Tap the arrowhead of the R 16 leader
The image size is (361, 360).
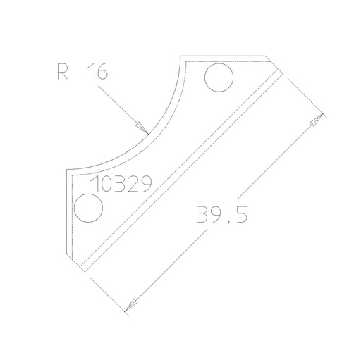coord(142,127)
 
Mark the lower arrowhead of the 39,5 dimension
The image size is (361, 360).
coord(128,308)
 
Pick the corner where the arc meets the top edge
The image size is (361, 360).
coord(181,56)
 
